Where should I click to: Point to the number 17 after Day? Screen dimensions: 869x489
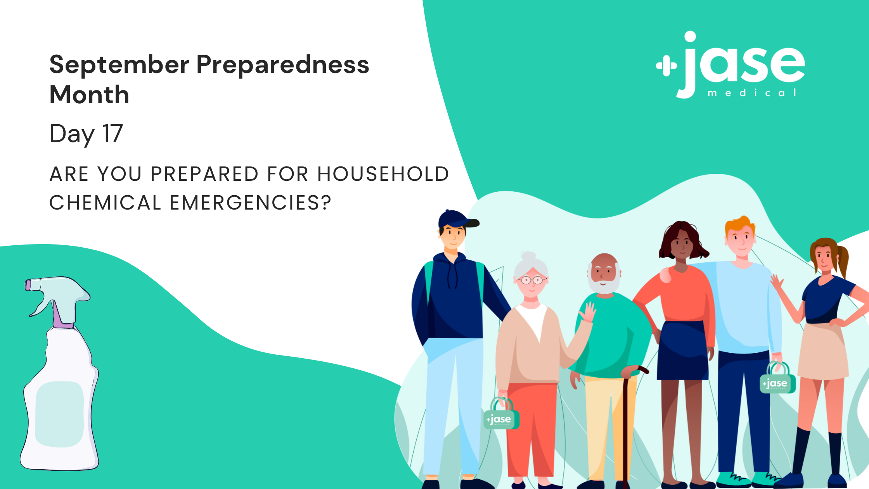(113, 133)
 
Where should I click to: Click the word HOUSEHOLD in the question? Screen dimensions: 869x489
(383, 174)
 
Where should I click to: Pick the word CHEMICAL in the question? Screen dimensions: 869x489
(105, 203)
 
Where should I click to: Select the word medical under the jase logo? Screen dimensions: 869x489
(752, 93)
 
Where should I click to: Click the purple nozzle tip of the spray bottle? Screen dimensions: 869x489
(28, 285)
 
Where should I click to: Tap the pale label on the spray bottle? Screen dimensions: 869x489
(59, 414)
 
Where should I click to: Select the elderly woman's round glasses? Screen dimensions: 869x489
(532, 279)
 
